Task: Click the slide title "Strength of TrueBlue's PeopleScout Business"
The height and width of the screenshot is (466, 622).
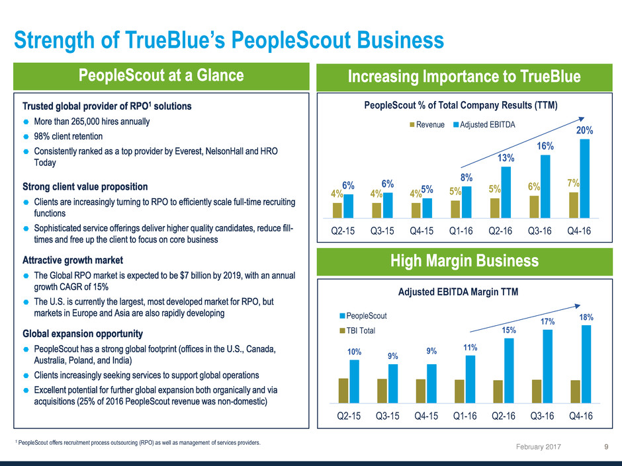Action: coord(229,40)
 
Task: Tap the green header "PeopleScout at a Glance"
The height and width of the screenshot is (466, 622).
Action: coord(161,76)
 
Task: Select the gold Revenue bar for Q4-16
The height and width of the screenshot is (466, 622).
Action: coord(573,204)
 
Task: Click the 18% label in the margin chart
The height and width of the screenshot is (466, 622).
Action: coord(586,317)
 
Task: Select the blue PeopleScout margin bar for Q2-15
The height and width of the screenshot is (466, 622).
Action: coord(355,381)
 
